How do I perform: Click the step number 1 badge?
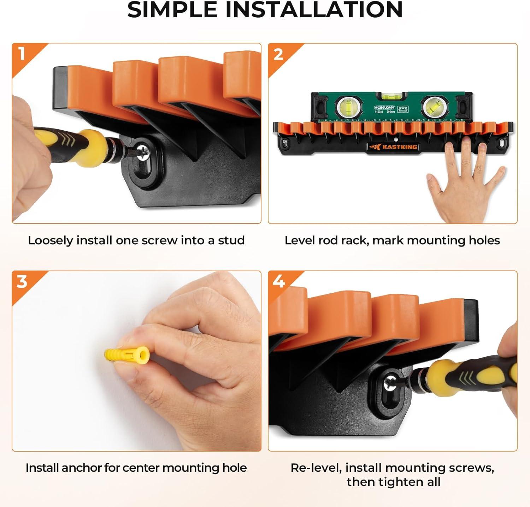[x=22, y=54]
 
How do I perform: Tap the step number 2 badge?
[x=278, y=54]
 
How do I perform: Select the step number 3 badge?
[x=22, y=282]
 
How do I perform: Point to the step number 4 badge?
[x=279, y=282]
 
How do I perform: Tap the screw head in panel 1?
[x=143, y=151]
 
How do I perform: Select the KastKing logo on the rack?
[x=392, y=147]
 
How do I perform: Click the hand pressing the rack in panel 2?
[x=463, y=180]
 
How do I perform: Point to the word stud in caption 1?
[x=231, y=240]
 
